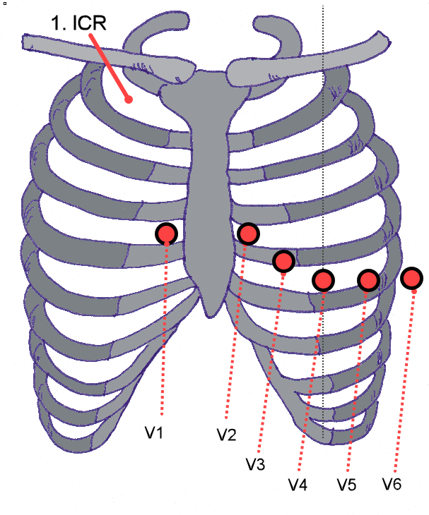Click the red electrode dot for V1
tap(167, 234)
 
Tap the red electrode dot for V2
tap(249, 233)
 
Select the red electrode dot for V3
tap(283, 261)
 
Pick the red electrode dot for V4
tap(323, 280)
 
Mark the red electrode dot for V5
tap(368, 280)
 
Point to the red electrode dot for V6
tap(412, 278)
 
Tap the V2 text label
tap(226, 435)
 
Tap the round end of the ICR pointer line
tap(129, 99)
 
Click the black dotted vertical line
tap(323, 176)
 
